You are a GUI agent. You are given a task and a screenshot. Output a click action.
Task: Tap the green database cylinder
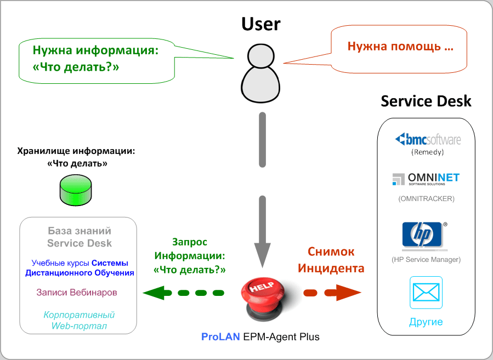76,190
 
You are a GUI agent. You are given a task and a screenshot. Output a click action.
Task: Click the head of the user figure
260,56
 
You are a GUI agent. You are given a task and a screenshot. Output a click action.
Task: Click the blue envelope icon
426,293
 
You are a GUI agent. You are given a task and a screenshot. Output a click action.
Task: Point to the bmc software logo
428,139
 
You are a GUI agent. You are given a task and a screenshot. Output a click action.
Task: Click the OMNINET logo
426,179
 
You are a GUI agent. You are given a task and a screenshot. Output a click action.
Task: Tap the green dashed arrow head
154,293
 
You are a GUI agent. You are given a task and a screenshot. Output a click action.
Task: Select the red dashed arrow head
348,293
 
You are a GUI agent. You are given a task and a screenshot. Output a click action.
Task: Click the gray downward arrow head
262,254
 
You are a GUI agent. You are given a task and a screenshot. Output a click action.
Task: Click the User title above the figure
260,24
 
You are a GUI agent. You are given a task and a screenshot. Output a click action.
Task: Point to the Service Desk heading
426,101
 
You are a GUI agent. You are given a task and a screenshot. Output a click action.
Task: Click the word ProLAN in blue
220,337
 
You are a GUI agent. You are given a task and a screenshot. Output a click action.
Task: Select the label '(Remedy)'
427,152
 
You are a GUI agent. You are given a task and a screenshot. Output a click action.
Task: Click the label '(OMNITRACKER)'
426,199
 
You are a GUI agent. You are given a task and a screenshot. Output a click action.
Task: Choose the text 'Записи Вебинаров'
77,293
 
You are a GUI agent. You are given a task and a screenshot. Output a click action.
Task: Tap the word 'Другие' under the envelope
426,322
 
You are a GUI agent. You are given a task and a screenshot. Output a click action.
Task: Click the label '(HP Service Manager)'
426,260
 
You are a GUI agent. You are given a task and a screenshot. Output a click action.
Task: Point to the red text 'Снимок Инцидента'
331,260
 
